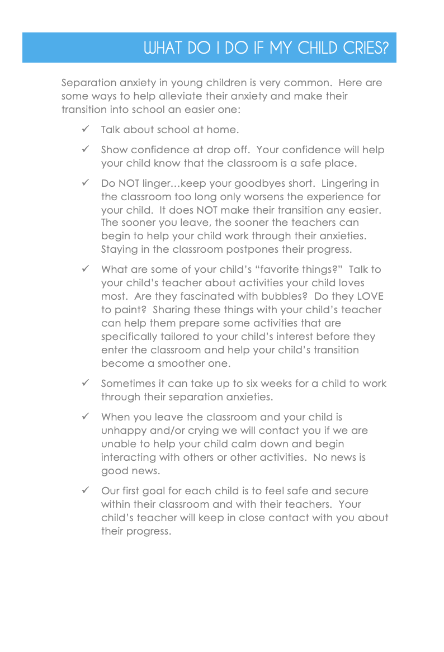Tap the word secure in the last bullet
point(351,491)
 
